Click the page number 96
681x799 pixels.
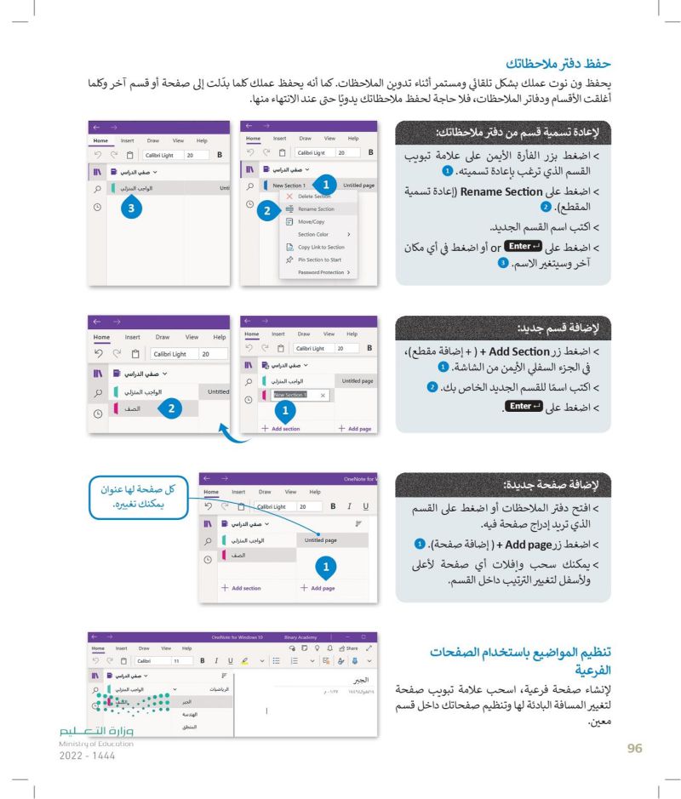[x=632, y=747]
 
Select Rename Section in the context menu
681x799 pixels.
[x=316, y=208]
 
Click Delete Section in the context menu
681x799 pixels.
[x=315, y=196]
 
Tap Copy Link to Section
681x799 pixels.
[x=321, y=247]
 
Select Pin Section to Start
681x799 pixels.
[x=320, y=260]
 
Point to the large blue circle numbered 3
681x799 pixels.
[x=130, y=206]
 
